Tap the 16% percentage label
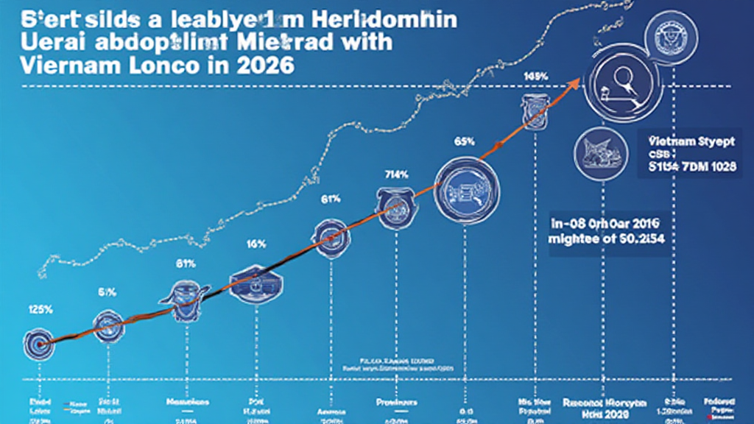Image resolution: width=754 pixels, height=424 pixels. [256, 244]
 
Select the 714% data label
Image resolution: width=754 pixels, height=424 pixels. [396, 174]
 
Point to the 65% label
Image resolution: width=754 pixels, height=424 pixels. [464, 141]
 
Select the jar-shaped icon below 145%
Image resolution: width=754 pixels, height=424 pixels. [532, 110]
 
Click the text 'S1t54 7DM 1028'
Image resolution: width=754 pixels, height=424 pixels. [692, 167]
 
